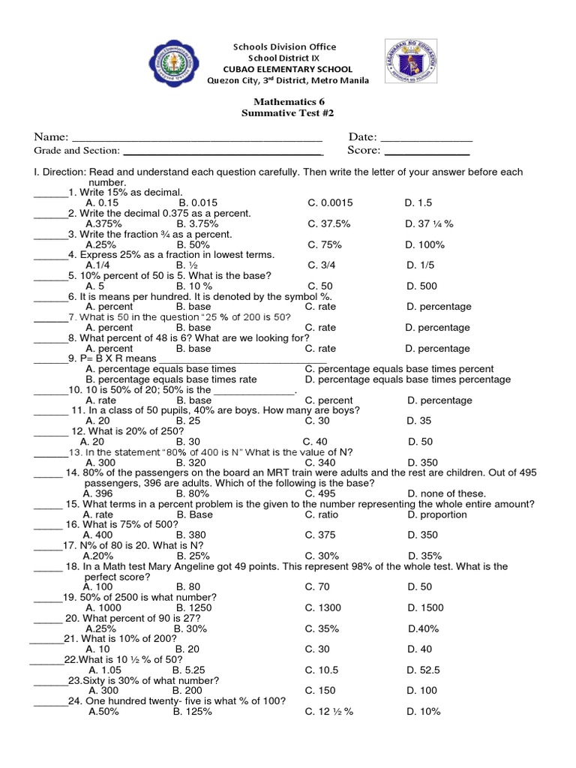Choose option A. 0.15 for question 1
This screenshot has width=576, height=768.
pyautogui.click(x=103, y=203)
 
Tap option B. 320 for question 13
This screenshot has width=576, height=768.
pyautogui.click(x=191, y=463)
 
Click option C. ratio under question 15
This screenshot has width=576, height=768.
pyautogui.click(x=322, y=514)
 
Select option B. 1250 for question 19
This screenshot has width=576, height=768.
pyautogui.click(x=194, y=607)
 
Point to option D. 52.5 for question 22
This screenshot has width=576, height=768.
pyautogui.click(x=424, y=670)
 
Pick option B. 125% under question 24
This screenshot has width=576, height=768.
pyautogui.click(x=192, y=711)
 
